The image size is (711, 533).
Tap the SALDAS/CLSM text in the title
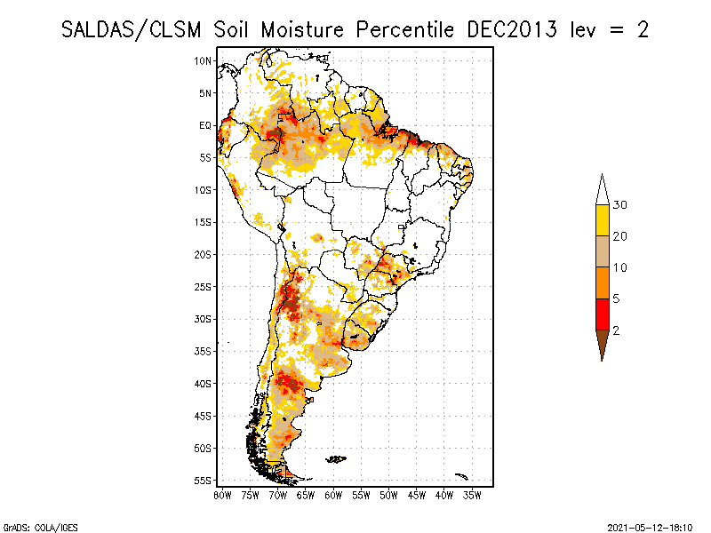tap(133, 29)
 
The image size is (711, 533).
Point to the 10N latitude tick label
tap(204, 60)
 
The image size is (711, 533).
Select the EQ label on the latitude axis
tap(205, 125)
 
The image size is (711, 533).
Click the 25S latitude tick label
tap(204, 286)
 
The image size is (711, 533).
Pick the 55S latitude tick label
tap(204, 481)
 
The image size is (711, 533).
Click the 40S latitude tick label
tap(204, 384)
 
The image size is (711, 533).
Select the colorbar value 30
tap(620, 205)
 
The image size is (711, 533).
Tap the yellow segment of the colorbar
tap(602, 220)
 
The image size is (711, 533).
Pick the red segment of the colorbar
tap(602, 314)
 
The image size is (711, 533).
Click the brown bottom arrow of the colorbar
tap(602, 342)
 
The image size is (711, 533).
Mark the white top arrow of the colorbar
tap(602, 190)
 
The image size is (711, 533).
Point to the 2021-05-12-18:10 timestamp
tap(650, 527)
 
